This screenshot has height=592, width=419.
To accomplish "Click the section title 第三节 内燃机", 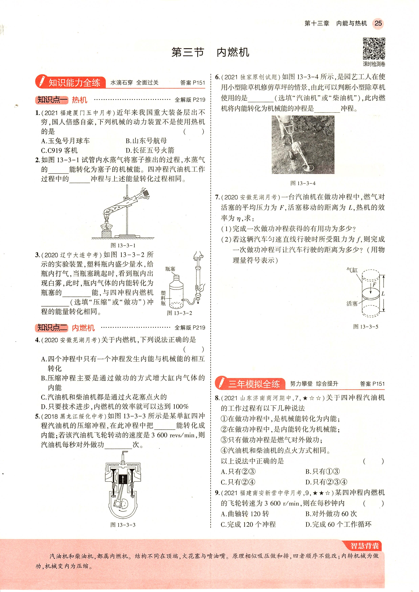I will point(210,52).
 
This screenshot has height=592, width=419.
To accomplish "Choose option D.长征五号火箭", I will point(150,150).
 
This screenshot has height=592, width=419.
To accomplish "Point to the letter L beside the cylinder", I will point(383,294).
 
